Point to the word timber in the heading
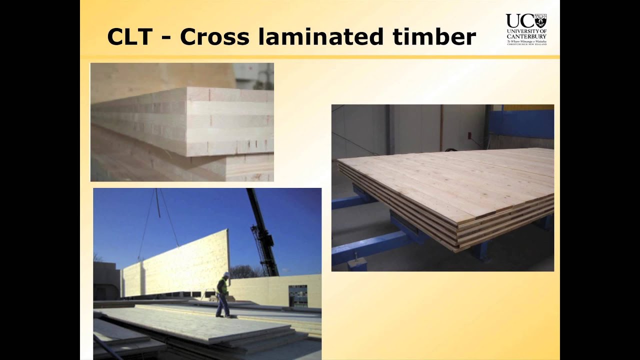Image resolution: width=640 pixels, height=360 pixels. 434,37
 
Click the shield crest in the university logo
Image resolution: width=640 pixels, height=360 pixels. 540,20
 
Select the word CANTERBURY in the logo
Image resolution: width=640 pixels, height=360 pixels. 526,36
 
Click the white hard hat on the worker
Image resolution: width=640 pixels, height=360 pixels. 226,274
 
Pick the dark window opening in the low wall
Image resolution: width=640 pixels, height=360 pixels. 298,295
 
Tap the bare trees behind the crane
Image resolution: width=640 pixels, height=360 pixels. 242,271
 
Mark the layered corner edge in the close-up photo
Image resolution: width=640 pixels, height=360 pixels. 188,122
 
